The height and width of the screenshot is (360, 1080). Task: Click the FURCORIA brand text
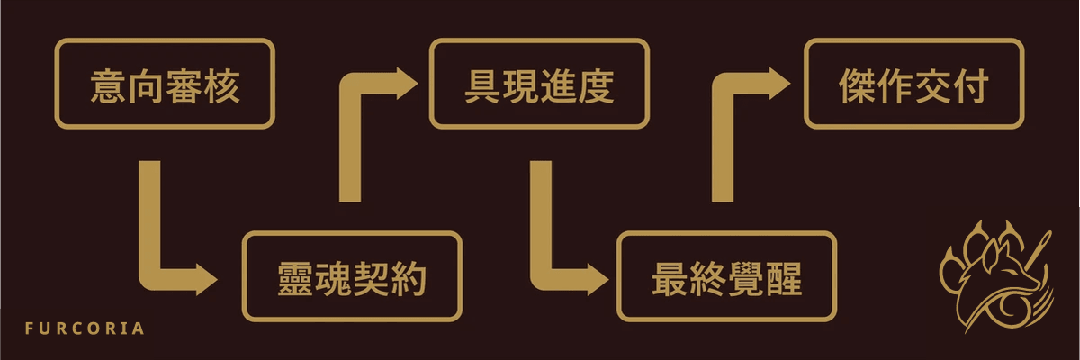(x=85, y=328)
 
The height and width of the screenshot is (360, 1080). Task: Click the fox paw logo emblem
(x=996, y=276)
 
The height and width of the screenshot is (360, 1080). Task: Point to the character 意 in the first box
(x=109, y=86)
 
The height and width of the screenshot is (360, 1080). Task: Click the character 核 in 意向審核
(x=221, y=86)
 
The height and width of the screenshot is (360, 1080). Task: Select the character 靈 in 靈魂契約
(x=295, y=279)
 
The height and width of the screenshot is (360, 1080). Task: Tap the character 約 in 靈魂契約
(x=409, y=279)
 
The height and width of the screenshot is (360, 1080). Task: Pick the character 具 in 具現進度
(x=483, y=86)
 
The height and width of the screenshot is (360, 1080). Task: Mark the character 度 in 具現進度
(x=596, y=86)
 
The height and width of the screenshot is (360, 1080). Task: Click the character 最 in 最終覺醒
(x=670, y=279)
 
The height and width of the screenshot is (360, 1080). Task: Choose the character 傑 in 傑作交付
(x=858, y=86)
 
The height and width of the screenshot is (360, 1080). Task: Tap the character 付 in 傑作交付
(x=970, y=86)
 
